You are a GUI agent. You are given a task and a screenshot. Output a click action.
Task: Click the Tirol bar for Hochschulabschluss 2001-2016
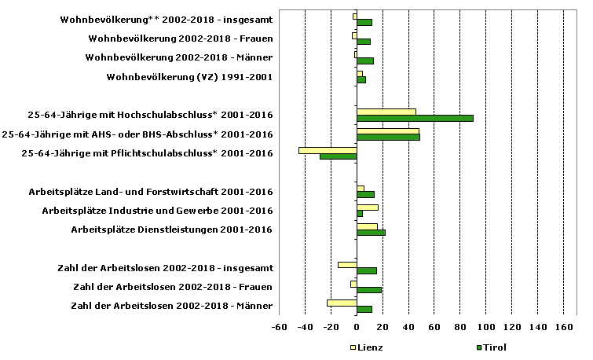point(415,118)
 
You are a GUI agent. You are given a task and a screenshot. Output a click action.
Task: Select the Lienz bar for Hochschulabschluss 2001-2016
point(386,112)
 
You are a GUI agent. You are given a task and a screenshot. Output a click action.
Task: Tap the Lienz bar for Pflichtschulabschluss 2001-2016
point(328,149)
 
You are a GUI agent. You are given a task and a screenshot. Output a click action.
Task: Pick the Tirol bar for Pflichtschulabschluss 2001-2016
point(338,156)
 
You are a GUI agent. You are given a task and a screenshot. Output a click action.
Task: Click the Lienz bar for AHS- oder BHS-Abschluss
point(388,130)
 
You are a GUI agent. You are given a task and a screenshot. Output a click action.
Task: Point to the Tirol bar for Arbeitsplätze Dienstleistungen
point(371,233)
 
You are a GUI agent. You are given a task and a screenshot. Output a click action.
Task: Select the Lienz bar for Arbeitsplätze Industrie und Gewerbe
point(368,208)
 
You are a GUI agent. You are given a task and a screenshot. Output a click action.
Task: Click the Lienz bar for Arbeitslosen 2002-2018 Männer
point(342,303)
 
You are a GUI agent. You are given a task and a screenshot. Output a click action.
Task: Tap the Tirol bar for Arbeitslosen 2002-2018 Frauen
point(369,290)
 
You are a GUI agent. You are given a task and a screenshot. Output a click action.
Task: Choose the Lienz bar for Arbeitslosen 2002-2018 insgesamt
point(347,265)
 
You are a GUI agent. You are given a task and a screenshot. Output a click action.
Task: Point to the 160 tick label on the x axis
point(563,327)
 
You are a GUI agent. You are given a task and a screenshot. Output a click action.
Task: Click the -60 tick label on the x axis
point(280,327)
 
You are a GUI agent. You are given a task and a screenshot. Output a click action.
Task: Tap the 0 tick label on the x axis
point(357,327)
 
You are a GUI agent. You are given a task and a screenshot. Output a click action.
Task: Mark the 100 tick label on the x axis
point(485,327)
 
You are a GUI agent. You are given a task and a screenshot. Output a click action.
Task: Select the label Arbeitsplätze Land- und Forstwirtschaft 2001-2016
point(151,192)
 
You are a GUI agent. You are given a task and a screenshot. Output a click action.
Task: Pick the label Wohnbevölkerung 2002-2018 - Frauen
point(181,39)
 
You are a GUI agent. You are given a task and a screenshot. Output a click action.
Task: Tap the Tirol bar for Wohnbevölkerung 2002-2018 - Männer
point(365,61)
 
